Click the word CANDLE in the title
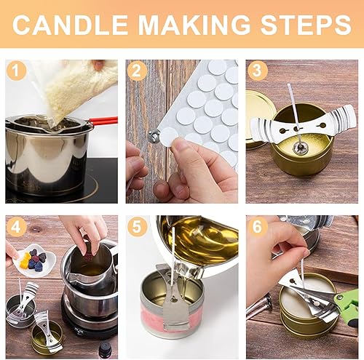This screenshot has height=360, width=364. (x=71, y=25)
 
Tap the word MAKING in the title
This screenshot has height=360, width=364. (x=194, y=25)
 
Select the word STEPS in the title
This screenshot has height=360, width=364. (x=306, y=25)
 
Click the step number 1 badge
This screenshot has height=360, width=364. (x=16, y=71)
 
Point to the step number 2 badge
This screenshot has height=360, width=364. (x=137, y=71)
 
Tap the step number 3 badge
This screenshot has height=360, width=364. (x=258, y=71)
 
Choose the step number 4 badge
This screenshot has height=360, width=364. (x=16, y=227)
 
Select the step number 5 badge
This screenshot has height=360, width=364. (x=137, y=227)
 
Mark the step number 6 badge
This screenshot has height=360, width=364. (x=258, y=227)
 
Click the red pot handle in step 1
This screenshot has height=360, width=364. (x=103, y=121)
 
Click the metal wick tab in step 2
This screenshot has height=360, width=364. (x=154, y=136)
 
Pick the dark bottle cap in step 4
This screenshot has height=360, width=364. (x=105, y=350)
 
